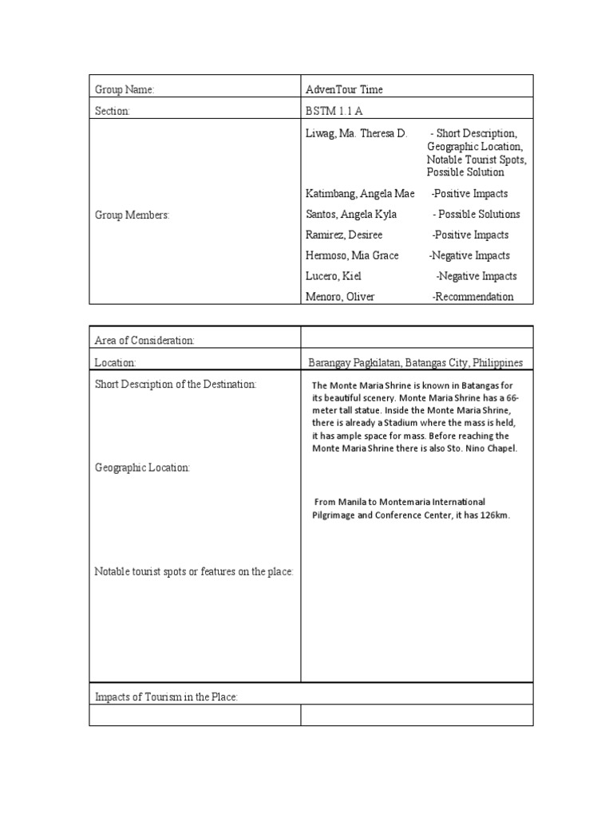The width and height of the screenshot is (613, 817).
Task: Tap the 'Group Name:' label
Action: point(124,90)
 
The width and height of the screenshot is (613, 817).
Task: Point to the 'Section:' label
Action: point(113,111)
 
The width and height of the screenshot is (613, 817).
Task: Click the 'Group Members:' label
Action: point(132,215)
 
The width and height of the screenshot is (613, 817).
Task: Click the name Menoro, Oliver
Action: point(340,297)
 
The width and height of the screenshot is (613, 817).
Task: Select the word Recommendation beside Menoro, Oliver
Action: point(474,297)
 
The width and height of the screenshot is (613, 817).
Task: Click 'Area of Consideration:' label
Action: point(144,341)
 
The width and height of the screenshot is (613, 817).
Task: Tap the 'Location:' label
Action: point(116,362)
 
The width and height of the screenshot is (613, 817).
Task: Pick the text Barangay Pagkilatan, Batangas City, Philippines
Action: point(416,362)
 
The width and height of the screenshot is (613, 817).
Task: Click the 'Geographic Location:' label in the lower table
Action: point(142,468)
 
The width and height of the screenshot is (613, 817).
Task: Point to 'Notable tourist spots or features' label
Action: point(194,571)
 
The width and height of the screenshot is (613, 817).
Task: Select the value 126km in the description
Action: point(492,515)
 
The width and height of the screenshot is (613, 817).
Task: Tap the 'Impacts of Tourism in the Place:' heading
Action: point(167,697)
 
